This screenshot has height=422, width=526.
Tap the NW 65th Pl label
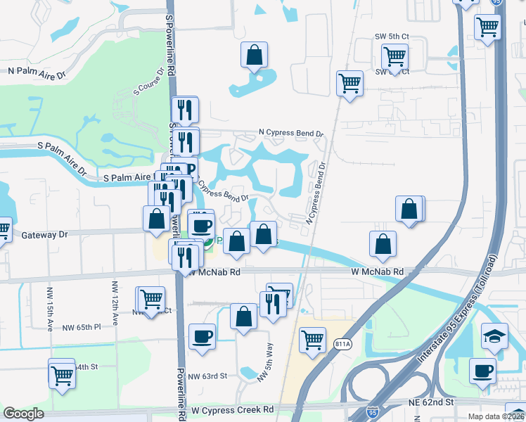pos(82,327)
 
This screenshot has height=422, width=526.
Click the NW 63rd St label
pos(208,376)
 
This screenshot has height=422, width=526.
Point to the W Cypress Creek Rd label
pos(232,409)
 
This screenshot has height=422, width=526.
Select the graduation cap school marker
pos(494,335)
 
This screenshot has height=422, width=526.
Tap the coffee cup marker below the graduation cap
pos(482,371)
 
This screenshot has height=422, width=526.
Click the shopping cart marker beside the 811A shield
pos(312,339)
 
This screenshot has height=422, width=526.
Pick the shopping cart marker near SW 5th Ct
pos(395,54)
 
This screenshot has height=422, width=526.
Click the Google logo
pos(23,414)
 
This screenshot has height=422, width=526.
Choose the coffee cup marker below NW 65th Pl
pos(203,335)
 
